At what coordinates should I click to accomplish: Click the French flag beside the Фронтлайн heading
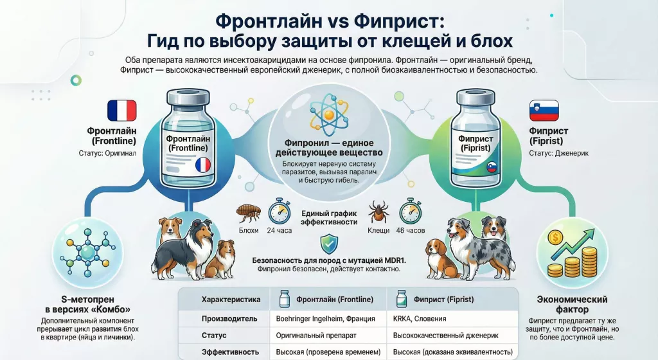point(121,111)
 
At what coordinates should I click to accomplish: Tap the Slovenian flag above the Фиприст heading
point(544,111)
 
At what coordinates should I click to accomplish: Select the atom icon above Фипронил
point(329,114)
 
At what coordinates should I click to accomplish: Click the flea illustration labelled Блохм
point(249,213)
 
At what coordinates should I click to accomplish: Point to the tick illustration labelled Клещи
point(378,212)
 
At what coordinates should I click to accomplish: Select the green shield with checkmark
point(329,245)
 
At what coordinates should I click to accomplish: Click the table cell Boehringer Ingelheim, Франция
point(325,318)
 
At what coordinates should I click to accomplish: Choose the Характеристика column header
point(231,300)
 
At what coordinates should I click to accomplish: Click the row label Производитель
point(229,318)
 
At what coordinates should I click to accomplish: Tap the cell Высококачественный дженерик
point(446,336)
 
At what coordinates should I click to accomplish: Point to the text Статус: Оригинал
point(107,153)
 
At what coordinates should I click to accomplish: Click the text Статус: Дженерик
point(558,153)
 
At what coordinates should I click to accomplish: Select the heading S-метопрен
point(87,300)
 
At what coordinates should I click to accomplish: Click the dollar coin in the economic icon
point(555,238)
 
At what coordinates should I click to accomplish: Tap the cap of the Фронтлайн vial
point(188,97)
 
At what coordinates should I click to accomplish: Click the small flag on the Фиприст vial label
point(492,167)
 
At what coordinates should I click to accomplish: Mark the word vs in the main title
point(337,21)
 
